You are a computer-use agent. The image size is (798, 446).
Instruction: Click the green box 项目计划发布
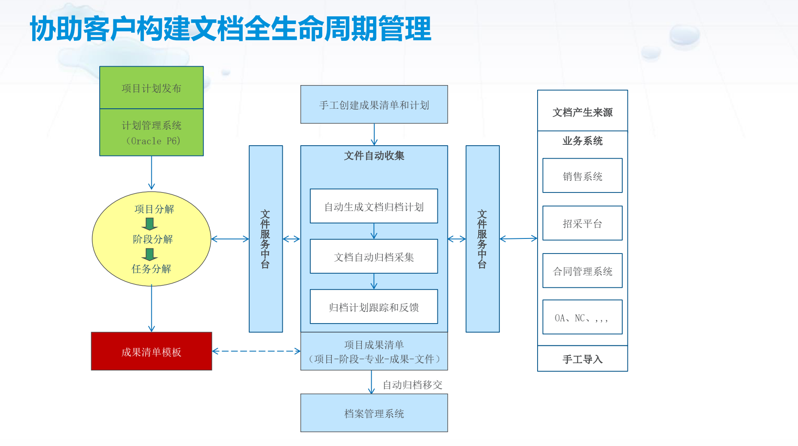(x=151, y=88)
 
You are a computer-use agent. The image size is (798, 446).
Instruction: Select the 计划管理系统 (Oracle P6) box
(x=151, y=132)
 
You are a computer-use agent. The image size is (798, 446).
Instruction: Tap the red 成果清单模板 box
(x=151, y=351)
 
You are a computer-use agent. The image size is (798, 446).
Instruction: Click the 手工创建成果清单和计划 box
(x=374, y=104)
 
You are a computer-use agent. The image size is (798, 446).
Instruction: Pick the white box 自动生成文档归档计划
(x=374, y=206)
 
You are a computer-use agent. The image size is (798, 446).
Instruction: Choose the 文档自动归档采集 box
(x=374, y=257)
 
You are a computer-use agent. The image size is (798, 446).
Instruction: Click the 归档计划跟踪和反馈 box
(x=374, y=307)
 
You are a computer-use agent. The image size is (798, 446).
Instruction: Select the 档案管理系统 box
(x=374, y=413)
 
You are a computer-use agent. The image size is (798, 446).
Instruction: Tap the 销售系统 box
(x=582, y=176)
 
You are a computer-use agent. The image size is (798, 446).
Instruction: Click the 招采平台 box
(x=582, y=223)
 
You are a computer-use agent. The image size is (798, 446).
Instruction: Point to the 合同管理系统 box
(x=582, y=271)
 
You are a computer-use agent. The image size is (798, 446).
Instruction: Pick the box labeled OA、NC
(x=582, y=317)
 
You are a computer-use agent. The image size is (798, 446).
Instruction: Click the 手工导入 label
(x=582, y=359)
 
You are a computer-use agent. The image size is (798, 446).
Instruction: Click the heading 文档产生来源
(x=582, y=112)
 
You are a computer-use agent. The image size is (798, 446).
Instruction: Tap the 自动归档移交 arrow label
(x=413, y=385)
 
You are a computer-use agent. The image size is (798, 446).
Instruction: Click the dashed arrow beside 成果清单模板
(x=256, y=351)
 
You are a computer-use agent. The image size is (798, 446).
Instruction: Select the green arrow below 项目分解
(x=150, y=224)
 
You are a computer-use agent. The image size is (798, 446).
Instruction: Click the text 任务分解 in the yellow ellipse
(x=151, y=269)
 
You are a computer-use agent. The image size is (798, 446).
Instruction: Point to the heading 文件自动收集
(x=374, y=156)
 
